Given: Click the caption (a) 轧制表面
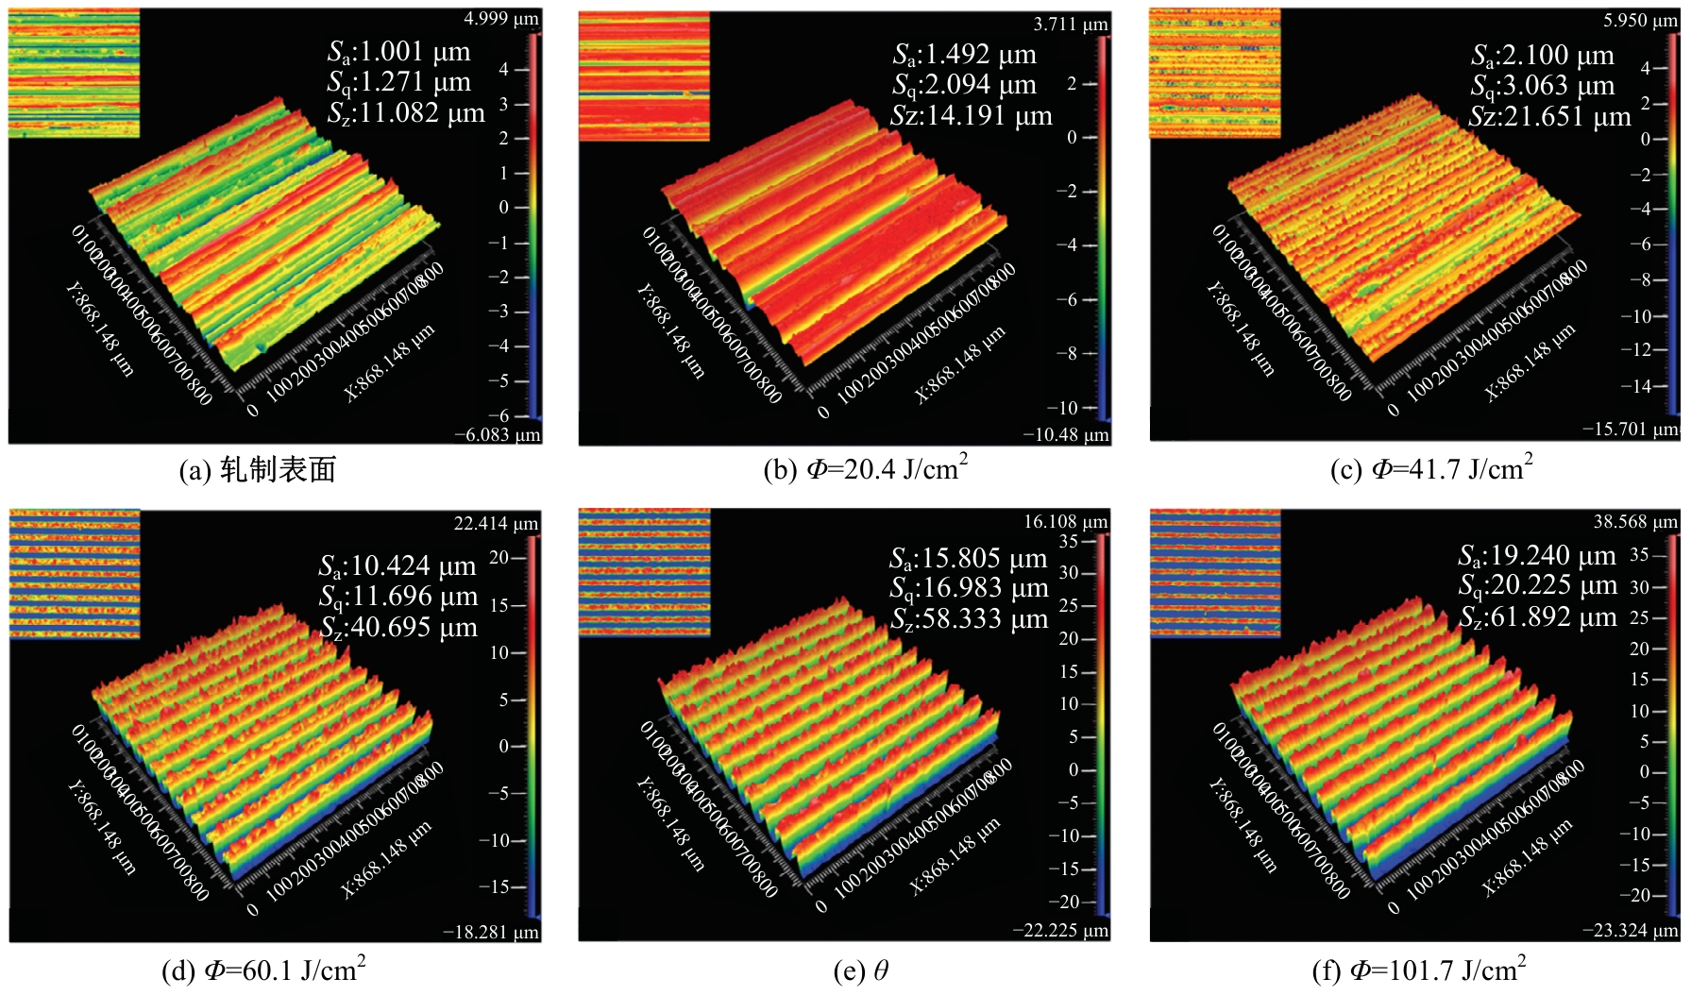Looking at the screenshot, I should pyautogui.click(x=258, y=469).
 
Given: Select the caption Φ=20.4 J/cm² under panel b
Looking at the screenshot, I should pyautogui.click(x=866, y=468).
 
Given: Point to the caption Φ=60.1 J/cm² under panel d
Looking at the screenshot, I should pyautogui.click(x=263, y=970).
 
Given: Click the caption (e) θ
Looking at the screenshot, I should pyautogui.click(x=860, y=970).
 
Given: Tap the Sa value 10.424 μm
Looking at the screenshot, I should pyautogui.click(x=397, y=566).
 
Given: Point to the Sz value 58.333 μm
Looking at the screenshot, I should pyautogui.click(x=970, y=620).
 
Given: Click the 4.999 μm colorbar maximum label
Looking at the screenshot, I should pyautogui.click(x=501, y=19).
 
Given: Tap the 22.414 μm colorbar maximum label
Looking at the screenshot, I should pyautogui.click(x=496, y=523).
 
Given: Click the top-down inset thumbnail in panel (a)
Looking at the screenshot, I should pyautogui.click(x=74, y=74).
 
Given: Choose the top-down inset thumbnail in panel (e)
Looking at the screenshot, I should pyautogui.click(x=644, y=573).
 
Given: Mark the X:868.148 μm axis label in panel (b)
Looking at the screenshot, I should pyautogui.click(x=961, y=364).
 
